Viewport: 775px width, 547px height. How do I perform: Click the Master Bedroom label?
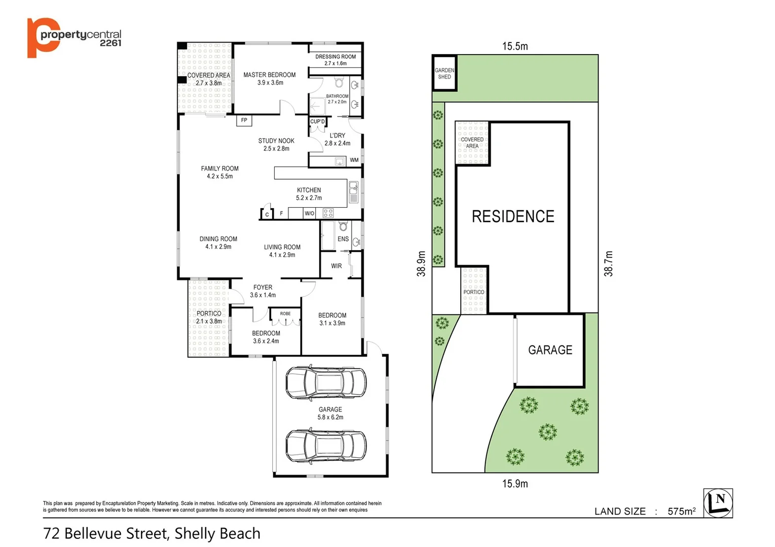(269, 75)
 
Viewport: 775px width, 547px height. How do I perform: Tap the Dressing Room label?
(335, 57)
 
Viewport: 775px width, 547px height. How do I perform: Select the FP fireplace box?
(244, 121)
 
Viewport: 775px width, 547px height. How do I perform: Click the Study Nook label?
(276, 141)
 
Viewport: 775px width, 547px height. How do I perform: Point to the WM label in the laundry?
(354, 160)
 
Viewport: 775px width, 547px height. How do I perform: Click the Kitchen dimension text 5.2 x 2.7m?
(309, 198)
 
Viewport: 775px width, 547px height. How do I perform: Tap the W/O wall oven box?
(309, 213)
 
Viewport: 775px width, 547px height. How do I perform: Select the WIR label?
(337, 266)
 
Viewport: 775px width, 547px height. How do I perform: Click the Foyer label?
(263, 287)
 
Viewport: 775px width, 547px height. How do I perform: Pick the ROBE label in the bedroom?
(285, 314)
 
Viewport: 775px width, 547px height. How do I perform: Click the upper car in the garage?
(326, 383)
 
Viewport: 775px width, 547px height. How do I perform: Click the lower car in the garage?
(326, 446)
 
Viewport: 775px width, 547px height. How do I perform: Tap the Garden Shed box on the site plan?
(445, 73)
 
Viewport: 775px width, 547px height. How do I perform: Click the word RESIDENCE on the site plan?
(513, 217)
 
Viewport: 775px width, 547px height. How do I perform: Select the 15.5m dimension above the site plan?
(515, 47)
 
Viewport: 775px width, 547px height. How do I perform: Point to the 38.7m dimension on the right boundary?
(608, 264)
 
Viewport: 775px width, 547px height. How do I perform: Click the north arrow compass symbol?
(718, 503)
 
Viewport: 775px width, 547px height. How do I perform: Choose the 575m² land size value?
(681, 512)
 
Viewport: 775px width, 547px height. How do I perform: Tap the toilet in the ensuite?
(343, 225)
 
